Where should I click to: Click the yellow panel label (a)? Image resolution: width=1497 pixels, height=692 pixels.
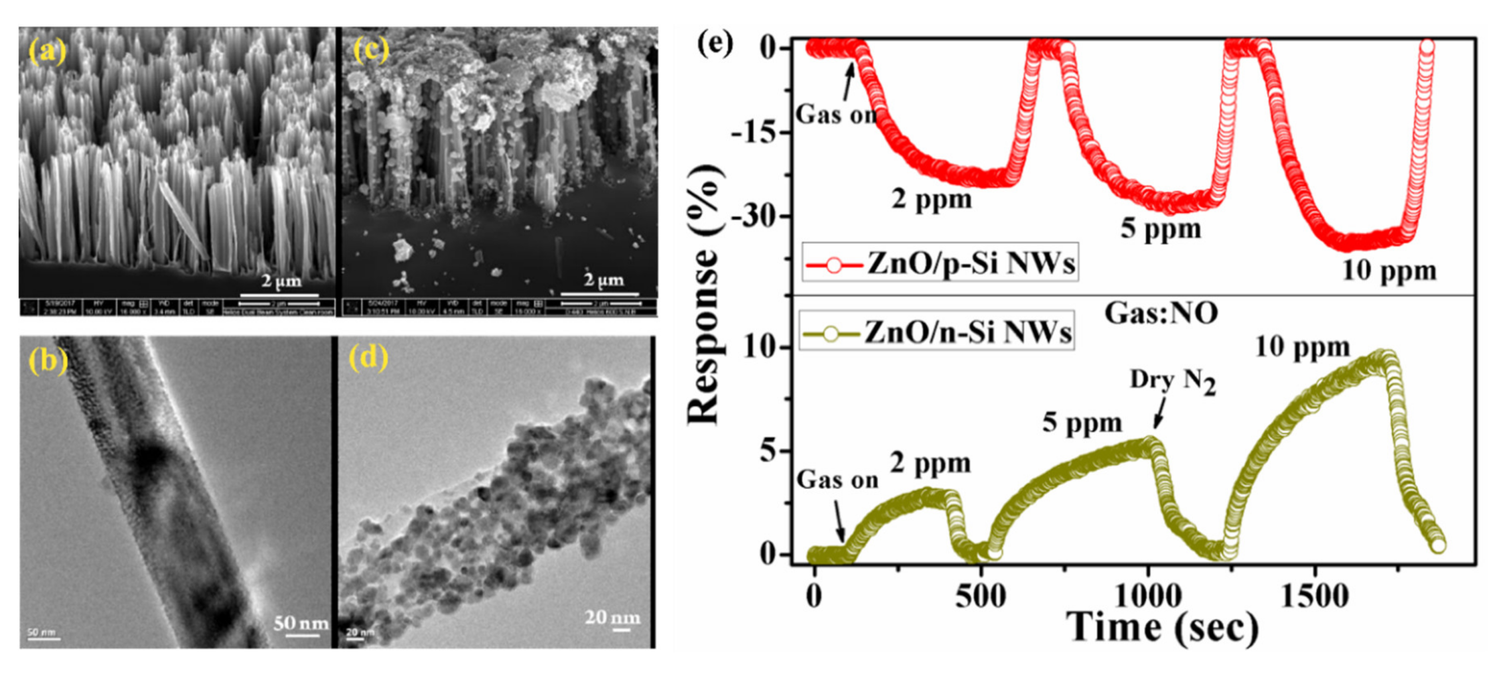48,52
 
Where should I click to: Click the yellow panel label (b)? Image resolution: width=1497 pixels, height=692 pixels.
48,361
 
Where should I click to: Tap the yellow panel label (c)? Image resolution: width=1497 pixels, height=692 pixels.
371,51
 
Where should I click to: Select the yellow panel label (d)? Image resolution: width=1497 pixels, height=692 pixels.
368,357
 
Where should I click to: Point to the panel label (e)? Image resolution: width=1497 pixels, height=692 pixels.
716,44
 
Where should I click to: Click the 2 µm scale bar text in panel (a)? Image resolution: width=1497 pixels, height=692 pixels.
281,281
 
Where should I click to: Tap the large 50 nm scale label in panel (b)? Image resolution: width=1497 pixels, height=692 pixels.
300,623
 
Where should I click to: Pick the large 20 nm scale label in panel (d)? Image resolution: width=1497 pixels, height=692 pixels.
613,616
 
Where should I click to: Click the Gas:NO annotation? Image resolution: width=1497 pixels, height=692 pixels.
1160,314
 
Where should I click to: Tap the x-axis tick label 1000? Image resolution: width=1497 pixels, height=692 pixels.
1148,596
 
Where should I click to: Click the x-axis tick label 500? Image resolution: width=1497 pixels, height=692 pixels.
981,596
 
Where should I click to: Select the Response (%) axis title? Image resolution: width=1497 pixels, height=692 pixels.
705,294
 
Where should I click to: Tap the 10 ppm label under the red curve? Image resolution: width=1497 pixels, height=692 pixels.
1389,271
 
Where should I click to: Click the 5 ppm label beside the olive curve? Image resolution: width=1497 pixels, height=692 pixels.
1082,423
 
